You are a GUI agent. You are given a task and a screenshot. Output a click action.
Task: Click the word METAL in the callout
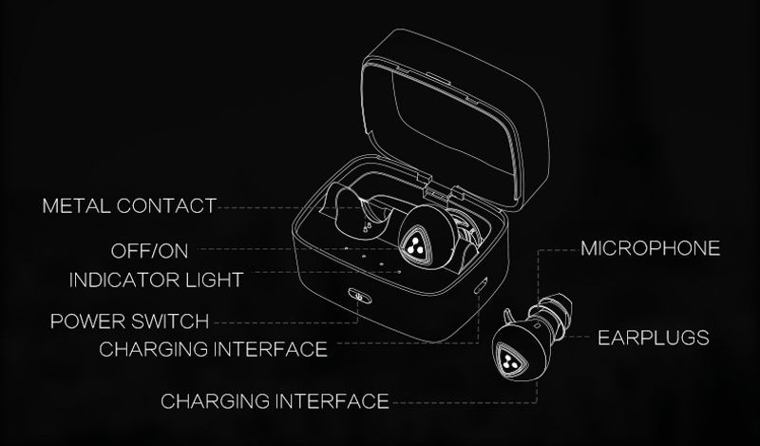click(77, 205)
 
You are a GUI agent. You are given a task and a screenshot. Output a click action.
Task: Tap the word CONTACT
click(166, 205)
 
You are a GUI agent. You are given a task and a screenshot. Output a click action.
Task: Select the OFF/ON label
click(149, 251)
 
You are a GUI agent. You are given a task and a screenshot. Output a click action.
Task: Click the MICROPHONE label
click(651, 248)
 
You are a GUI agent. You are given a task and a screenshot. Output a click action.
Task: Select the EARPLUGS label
click(654, 338)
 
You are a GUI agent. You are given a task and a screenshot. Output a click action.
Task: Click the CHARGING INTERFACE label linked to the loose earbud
click(275, 401)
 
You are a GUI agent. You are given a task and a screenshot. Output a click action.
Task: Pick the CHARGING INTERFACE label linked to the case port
click(213, 349)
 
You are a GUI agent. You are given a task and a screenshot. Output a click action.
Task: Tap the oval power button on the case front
click(360, 295)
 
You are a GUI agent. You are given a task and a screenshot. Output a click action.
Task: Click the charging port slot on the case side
click(481, 285)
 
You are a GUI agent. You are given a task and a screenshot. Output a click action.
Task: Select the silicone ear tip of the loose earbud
click(553, 315)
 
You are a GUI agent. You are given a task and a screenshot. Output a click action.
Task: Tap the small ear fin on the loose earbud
click(508, 317)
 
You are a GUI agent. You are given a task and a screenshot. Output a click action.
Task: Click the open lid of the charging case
click(456, 119)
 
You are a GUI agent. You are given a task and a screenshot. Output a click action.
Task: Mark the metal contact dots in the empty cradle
click(366, 225)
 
